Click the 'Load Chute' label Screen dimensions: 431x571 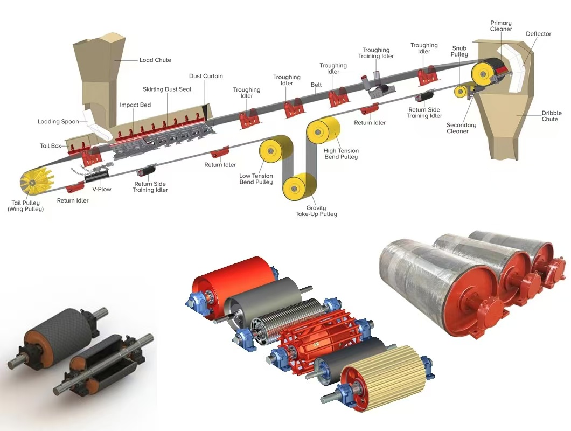pos(155,60)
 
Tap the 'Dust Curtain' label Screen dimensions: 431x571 pos(206,77)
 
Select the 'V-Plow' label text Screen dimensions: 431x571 pos(101,189)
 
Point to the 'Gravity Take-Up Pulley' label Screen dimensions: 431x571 pos(316,211)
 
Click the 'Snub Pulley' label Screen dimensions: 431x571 pos(459,51)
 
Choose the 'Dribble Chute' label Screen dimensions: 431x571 pos(551,116)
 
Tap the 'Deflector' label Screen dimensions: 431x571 pos(539,34)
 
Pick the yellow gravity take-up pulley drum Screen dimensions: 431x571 pos(300,187)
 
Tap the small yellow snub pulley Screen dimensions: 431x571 pos(462,91)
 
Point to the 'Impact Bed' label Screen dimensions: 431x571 pos(135,105)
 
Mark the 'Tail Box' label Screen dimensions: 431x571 pos(51,146)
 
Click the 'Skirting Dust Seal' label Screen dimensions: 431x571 pos(167,89)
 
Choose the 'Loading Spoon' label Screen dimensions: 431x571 pos(58,122)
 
